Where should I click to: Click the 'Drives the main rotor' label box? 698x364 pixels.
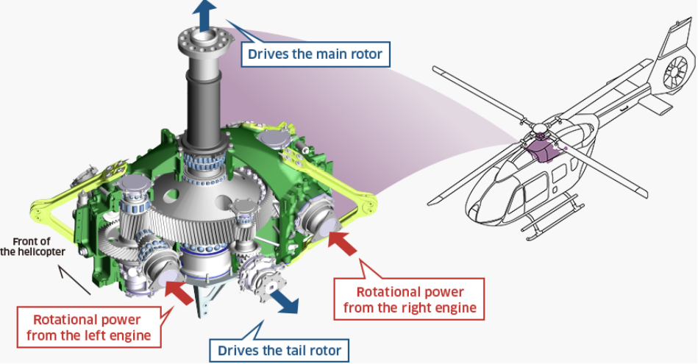point(315,54)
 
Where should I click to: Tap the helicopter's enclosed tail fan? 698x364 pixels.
point(675,71)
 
